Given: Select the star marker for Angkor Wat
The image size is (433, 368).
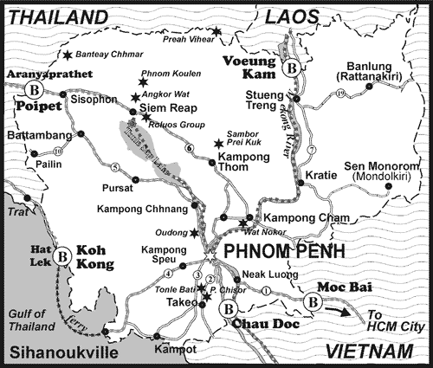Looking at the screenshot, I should (135, 98).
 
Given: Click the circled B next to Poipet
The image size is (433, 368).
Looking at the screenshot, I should (35, 90).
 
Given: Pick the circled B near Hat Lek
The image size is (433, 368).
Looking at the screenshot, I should (62, 256).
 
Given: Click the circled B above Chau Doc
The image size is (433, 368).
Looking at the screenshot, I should (228, 309).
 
